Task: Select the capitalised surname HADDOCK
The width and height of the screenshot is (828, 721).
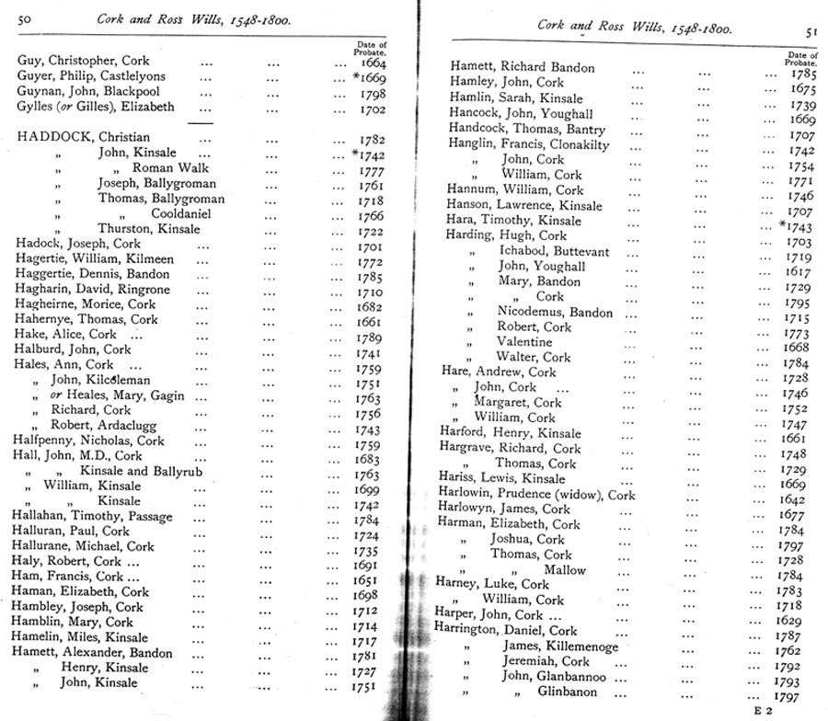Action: pyautogui.click(x=56, y=137)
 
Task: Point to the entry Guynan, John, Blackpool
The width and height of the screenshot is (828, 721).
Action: pyautogui.click(x=88, y=92)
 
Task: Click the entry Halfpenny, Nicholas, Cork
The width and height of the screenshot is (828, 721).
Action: pyautogui.click(x=90, y=441)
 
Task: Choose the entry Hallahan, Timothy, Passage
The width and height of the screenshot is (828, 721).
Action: pyautogui.click(x=93, y=516)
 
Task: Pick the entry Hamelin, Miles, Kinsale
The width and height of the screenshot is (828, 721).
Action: pyautogui.click(x=81, y=637)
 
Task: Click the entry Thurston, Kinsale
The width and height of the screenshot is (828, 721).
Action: pyautogui.click(x=151, y=228)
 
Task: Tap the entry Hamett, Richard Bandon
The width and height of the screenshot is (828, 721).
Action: pyautogui.click(x=523, y=67)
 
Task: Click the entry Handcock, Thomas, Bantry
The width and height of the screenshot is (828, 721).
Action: pyautogui.click(x=527, y=130)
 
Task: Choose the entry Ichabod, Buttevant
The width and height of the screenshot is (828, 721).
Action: pyautogui.click(x=555, y=251)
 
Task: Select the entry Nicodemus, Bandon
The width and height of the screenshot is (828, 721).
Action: pyautogui.click(x=555, y=312)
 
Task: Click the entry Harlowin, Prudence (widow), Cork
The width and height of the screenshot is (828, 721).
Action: pyautogui.click(x=536, y=494)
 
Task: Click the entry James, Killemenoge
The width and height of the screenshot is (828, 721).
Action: pyautogui.click(x=560, y=647)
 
